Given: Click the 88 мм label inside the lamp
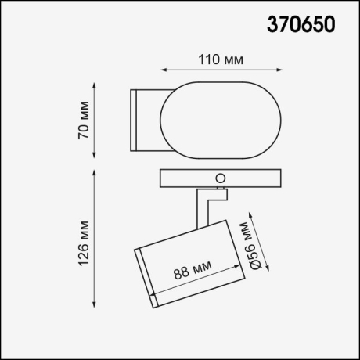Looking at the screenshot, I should pos(192,272).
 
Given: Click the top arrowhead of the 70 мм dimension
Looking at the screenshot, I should pos(95,82).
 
